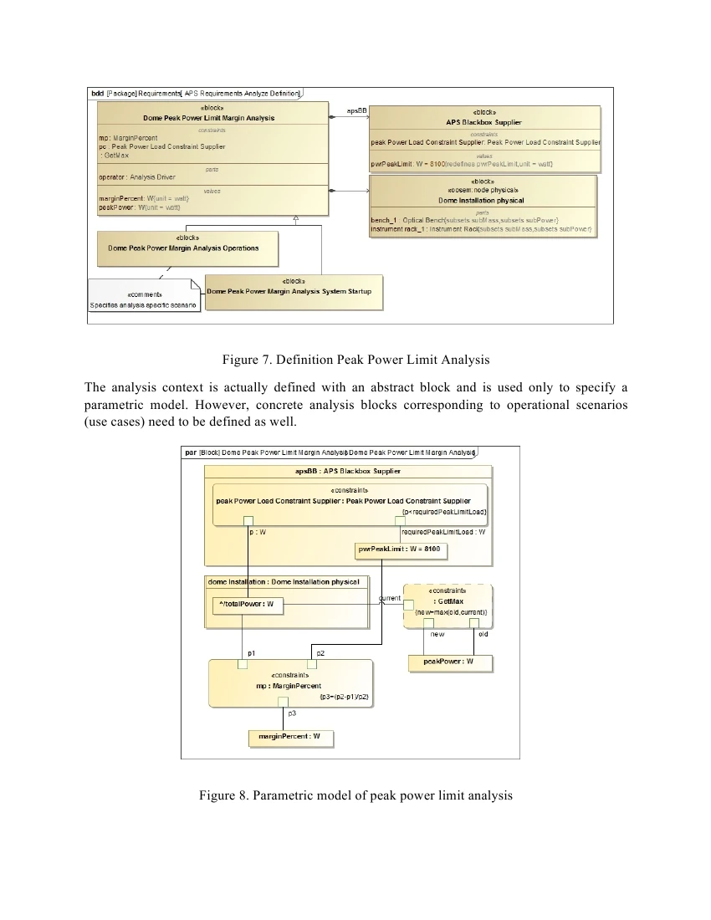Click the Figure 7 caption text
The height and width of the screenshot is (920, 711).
(x=355, y=360)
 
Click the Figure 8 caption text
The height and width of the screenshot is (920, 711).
(x=355, y=795)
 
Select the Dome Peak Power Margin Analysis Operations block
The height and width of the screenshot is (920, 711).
(x=183, y=248)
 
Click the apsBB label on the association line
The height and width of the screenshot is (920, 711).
(x=356, y=110)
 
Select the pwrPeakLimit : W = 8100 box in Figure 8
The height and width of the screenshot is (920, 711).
(x=399, y=549)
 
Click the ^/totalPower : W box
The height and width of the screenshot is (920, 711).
(x=246, y=604)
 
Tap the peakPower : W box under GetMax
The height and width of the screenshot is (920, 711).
(x=450, y=662)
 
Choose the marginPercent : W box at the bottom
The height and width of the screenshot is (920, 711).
(x=289, y=737)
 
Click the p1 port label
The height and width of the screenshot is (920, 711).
(x=252, y=652)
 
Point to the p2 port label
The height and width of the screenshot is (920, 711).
(x=321, y=652)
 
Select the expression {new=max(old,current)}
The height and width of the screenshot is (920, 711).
(x=451, y=612)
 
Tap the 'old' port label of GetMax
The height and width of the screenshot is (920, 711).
(x=483, y=634)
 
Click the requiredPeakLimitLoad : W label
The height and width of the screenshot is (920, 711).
(x=443, y=531)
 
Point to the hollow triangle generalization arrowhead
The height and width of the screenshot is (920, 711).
(x=296, y=219)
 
